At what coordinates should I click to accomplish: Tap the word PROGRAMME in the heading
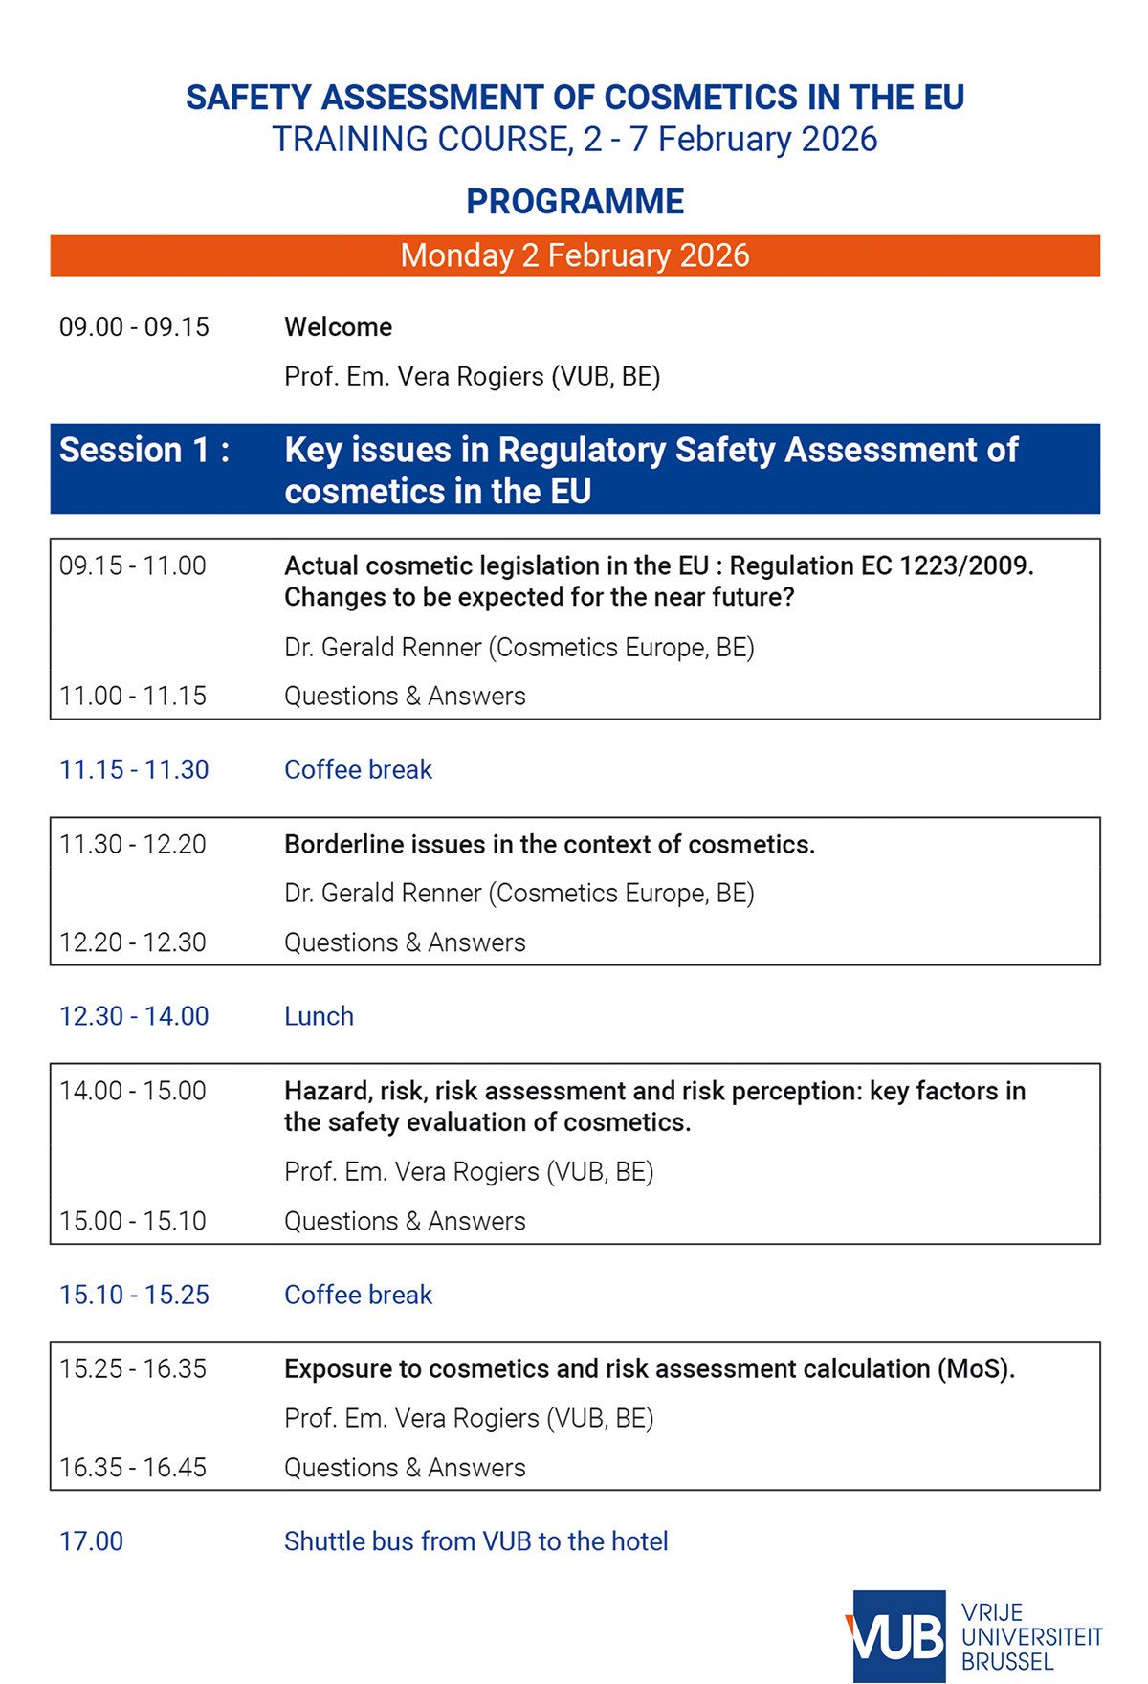click(575, 202)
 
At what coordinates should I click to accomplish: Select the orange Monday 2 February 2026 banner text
click(575, 255)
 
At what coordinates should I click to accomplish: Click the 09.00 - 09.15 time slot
click(134, 327)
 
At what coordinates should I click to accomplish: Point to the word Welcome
click(338, 327)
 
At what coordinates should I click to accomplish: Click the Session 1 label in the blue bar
click(144, 450)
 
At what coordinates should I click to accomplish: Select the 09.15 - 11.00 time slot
click(133, 566)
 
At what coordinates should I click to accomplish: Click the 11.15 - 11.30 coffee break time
click(134, 770)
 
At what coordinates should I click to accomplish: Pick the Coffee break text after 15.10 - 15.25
click(358, 1295)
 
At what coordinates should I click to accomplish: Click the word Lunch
click(319, 1016)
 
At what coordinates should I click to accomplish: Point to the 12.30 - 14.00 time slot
click(134, 1016)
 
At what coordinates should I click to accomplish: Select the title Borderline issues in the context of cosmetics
click(549, 845)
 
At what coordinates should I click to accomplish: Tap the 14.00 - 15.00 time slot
click(133, 1092)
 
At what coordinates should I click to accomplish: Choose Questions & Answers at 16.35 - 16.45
click(405, 1468)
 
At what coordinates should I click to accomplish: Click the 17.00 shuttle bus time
click(92, 1541)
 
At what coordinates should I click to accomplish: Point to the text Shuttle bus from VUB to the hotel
click(475, 1541)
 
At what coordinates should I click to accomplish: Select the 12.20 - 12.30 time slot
click(133, 942)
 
